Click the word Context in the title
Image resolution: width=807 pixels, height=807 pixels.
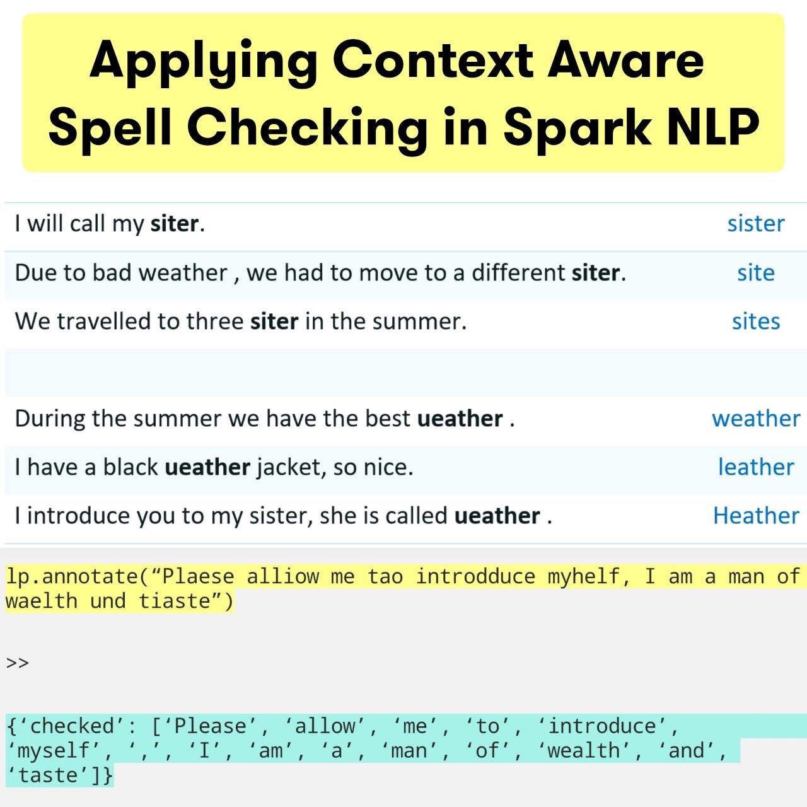click(434, 60)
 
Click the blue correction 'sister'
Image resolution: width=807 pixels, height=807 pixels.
click(755, 224)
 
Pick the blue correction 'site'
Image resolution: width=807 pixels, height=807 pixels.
click(755, 273)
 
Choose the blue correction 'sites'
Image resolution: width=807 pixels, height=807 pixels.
click(755, 322)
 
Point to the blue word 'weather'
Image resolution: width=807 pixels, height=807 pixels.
click(755, 419)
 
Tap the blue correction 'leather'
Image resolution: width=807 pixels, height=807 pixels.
click(755, 467)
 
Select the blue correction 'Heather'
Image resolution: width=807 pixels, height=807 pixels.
click(755, 516)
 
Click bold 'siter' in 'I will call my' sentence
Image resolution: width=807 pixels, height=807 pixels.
click(174, 224)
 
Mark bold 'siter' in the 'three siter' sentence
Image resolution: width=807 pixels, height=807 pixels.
click(274, 322)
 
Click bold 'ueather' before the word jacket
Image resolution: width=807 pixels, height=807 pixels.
click(207, 467)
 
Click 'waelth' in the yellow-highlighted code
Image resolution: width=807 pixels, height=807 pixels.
click(41, 601)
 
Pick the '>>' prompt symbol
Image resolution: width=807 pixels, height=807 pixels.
click(18, 663)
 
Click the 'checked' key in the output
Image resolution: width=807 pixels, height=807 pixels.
click(72, 726)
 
